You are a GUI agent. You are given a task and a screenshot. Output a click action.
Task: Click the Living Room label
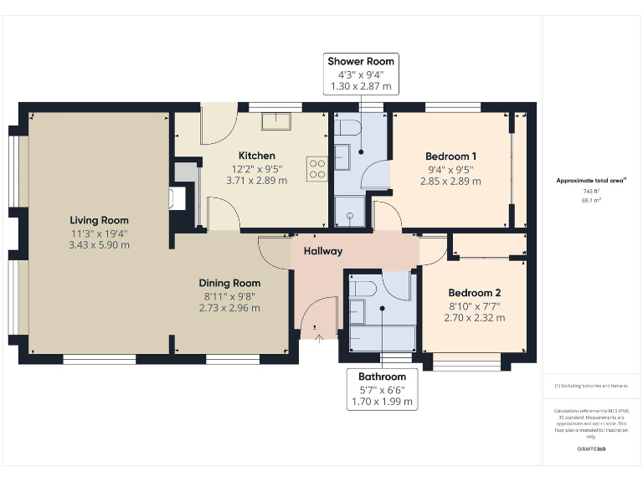pyautogui.click(x=99, y=220)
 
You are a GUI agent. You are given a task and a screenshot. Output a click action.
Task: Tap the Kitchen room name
pyautogui.click(x=256, y=156)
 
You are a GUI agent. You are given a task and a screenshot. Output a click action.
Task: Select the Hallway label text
pyautogui.click(x=322, y=251)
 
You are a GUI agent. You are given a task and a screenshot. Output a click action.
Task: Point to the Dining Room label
pyautogui.click(x=229, y=283)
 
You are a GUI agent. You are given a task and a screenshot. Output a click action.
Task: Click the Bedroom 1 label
pyautogui.click(x=450, y=156)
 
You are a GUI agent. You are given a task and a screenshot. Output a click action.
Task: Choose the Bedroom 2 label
pyautogui.click(x=474, y=293)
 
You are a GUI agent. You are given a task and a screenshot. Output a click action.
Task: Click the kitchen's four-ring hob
pyautogui.click(x=316, y=169)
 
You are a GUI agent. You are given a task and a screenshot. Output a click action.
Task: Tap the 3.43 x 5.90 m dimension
pyautogui.click(x=99, y=245)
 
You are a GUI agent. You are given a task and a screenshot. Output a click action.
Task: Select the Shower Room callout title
pyautogui.click(x=360, y=61)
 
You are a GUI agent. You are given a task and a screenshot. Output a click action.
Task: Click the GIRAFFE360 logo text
pyautogui.click(x=591, y=449)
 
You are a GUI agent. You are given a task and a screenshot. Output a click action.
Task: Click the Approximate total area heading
pyautogui.click(x=591, y=180)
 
